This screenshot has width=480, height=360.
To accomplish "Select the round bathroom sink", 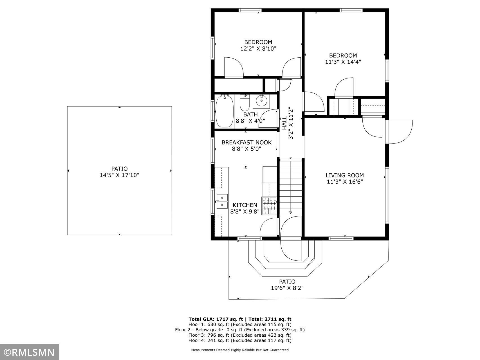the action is [261, 101].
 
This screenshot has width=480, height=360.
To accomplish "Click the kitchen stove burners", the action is [269, 206].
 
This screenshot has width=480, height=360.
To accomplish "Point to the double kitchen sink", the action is [222, 201].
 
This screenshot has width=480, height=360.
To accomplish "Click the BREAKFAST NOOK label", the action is [246, 142].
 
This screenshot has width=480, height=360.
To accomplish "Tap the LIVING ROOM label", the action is [345, 175].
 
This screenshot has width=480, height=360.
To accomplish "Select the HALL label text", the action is [284, 123].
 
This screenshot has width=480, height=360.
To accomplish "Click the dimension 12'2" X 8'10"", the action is [258, 49].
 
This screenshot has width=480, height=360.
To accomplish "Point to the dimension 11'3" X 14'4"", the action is [343, 62].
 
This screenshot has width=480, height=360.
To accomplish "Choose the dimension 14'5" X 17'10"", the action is [120, 175].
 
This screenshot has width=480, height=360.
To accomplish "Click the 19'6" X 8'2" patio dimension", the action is [287, 288].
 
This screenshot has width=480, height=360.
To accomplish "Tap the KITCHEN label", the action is [245, 205].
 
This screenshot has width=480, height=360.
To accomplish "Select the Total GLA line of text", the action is [240, 319].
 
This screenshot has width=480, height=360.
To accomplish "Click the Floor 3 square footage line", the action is [240, 335].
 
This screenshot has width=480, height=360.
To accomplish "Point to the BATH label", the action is [250, 114].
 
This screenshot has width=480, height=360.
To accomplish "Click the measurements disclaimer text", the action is [240, 350].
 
